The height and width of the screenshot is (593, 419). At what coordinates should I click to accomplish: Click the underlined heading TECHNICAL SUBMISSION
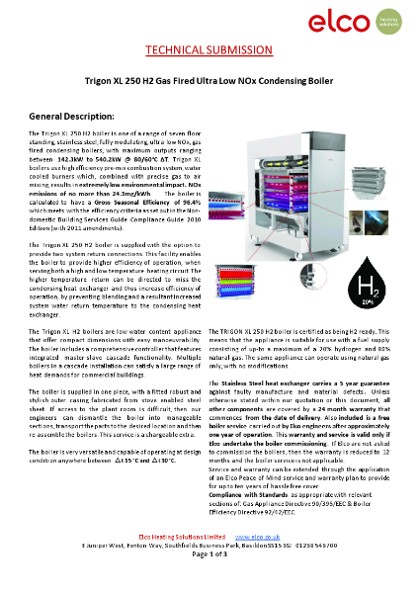point(209,50)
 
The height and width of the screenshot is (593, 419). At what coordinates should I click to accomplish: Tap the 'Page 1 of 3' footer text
point(209,584)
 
